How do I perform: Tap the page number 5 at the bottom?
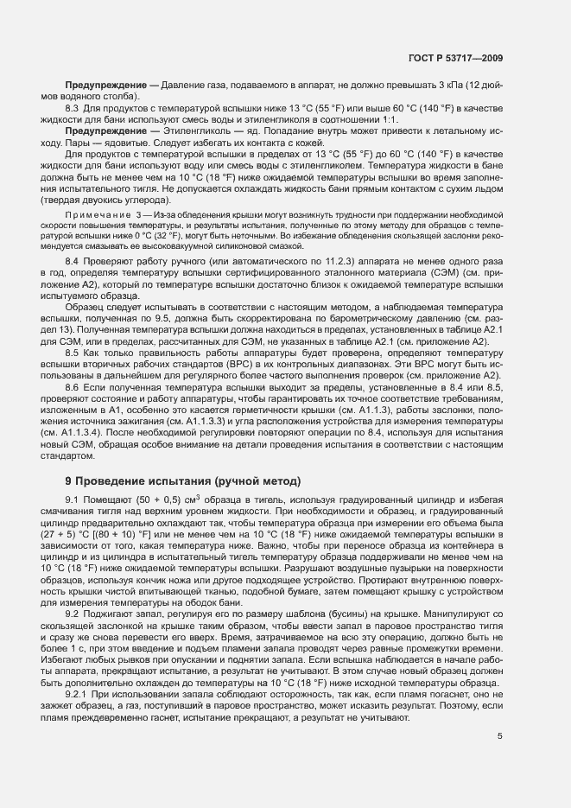(x=500, y=736)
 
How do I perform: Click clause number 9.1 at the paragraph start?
(x=73, y=500)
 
